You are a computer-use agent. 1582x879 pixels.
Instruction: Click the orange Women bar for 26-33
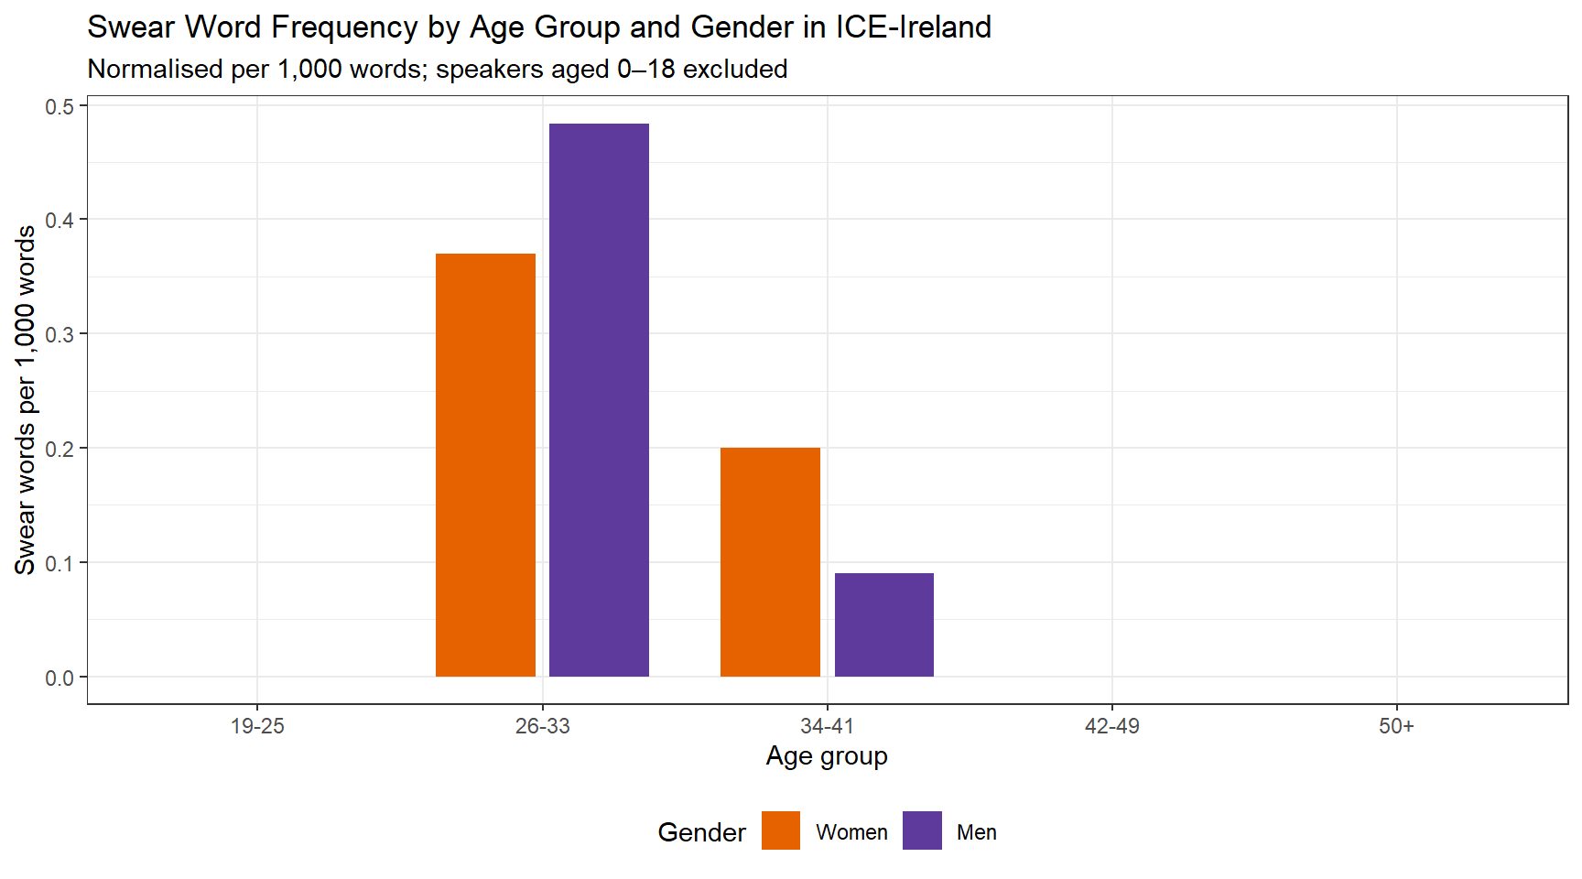pos(485,465)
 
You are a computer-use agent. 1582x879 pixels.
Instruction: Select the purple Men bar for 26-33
pos(599,400)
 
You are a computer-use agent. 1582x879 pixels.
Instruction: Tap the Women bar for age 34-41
pos(770,562)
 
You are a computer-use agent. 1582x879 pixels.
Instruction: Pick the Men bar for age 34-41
pos(883,624)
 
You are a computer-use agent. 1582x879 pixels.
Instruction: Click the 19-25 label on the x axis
pos(257,726)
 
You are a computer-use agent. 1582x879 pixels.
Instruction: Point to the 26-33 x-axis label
pos(542,726)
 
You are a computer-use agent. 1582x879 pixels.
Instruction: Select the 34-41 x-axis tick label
pos(827,726)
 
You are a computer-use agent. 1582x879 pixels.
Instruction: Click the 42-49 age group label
pos(1111,726)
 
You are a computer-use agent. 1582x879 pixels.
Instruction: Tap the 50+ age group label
pos(1396,726)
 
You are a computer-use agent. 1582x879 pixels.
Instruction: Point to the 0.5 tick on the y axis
pos(60,106)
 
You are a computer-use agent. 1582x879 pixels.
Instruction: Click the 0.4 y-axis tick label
pos(60,220)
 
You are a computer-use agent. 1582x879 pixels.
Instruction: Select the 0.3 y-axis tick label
pos(60,334)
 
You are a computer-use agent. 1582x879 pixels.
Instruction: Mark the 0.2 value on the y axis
pos(60,449)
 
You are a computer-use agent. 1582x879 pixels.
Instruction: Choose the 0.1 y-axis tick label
pos(60,563)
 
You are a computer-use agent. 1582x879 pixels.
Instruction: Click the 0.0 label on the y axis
pos(60,678)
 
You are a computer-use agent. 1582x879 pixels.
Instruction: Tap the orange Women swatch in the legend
pos(780,830)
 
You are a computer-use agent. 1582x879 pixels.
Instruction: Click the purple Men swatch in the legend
pos(922,830)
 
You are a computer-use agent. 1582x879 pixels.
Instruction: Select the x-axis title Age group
pos(827,756)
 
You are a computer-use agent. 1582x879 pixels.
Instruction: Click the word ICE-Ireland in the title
pos(913,27)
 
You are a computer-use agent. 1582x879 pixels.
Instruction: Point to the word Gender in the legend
pos(701,832)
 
